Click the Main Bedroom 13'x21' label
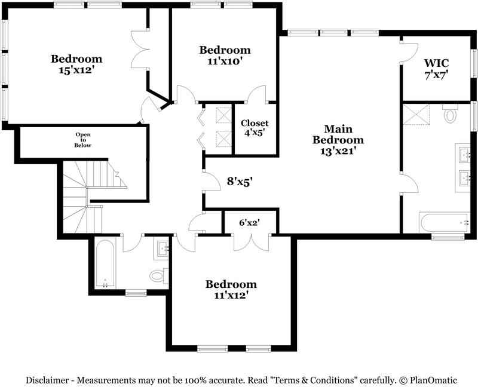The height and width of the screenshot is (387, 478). (338, 140)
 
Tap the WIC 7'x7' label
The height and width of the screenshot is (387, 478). (437, 69)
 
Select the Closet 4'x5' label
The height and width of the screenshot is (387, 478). (255, 128)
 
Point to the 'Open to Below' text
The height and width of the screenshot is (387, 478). (83, 140)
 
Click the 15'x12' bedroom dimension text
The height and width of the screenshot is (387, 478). (76, 70)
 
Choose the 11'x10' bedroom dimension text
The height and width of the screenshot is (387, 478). (225, 62)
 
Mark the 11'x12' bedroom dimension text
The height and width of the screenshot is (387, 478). (231, 295)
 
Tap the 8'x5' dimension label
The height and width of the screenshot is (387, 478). (240, 182)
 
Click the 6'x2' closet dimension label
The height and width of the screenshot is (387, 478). (249, 223)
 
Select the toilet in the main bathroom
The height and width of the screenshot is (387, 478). (451, 113)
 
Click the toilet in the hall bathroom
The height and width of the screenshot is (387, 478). (159, 276)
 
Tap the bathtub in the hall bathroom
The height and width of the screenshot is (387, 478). (105, 263)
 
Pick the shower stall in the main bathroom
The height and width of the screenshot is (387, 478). (416, 114)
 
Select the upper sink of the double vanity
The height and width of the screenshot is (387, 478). (465, 154)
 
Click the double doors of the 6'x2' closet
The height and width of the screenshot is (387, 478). (251, 242)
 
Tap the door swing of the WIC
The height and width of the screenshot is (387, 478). (409, 53)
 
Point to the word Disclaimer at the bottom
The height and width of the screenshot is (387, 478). (47, 380)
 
